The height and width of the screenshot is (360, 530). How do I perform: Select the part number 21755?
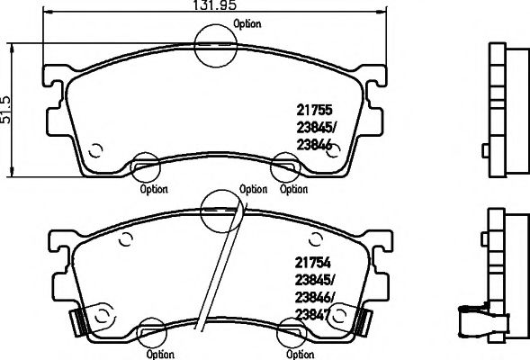coord(314,111)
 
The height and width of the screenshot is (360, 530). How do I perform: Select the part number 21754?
coord(314,263)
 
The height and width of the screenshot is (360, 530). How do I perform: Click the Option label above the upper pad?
coord(247,24)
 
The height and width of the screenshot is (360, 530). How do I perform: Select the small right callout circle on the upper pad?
coord(286,167)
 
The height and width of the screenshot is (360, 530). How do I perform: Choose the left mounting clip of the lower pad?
coord(78,317)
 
